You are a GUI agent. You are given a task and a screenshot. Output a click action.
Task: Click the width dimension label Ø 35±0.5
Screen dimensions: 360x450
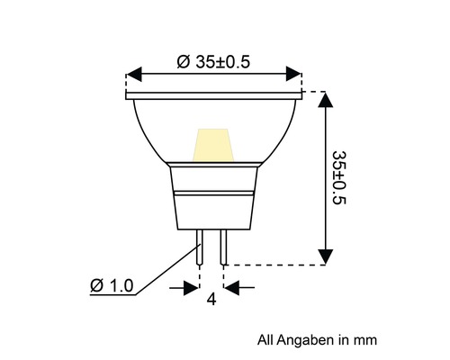pyautogui.click(x=213, y=61)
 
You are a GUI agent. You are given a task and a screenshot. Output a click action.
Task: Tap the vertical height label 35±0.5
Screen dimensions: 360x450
pyautogui.click(x=339, y=177)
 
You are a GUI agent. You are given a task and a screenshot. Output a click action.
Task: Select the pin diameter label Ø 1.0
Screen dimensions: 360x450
pyautogui.click(x=112, y=286)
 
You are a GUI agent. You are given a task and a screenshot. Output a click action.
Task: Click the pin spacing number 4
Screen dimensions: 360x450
pyautogui.click(x=211, y=301)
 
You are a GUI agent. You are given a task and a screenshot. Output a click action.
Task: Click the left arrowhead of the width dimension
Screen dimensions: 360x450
pyautogui.click(x=135, y=73)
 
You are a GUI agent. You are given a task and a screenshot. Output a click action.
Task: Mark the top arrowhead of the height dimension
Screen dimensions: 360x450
pyautogui.click(x=326, y=100)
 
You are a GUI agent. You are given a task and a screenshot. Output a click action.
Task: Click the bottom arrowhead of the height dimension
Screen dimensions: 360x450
pyautogui.click(x=326, y=256)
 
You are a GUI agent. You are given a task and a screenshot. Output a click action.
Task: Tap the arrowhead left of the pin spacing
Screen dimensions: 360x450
pyautogui.click(x=190, y=287)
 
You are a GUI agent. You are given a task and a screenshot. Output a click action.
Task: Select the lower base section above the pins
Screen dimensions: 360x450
pyautogui.click(x=211, y=211)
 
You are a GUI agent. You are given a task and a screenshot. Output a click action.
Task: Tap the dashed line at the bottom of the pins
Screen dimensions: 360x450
pyautogui.click(x=270, y=265)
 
